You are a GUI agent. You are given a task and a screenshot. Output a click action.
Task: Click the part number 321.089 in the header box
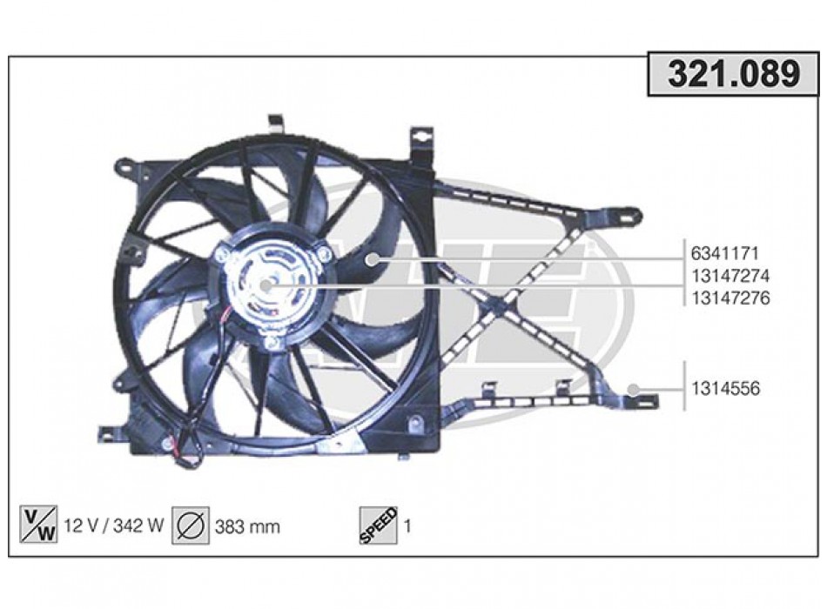pos(734,74)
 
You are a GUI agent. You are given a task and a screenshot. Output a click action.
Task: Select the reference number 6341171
pos(724,254)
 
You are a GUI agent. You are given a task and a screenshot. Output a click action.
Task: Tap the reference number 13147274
pos(730,276)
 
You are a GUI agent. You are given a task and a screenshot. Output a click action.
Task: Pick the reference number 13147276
pos(730,298)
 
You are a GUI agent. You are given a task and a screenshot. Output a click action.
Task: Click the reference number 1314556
pos(726,389)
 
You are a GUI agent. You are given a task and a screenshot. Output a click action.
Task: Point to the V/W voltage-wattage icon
pos(38,524)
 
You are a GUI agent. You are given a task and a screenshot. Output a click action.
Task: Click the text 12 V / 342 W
pos(113,525)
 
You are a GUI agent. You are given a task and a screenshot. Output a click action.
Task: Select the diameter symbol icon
pos(191,525)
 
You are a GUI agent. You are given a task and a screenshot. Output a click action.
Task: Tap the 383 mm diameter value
pos(247,526)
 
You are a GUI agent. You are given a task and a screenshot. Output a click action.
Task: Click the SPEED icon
pos(378,525)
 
